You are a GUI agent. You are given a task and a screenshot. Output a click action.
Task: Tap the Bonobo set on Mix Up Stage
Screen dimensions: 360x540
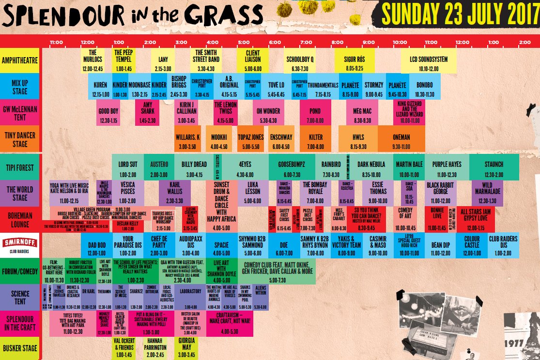pyautogui.click(x=424, y=86)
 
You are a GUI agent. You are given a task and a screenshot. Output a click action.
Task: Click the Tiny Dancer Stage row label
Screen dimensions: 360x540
pyautogui.click(x=19, y=139)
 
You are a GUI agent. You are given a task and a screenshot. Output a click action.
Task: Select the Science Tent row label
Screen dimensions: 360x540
pyautogui.click(x=19, y=297)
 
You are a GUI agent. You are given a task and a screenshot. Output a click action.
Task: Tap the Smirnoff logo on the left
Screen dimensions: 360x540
pyautogui.click(x=19, y=245)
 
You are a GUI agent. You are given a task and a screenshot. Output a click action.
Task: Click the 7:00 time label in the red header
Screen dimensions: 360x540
pyautogui.click(x=306, y=42)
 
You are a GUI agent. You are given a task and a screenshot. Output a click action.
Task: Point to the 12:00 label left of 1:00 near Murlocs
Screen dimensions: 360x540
pyautogui.click(x=88, y=42)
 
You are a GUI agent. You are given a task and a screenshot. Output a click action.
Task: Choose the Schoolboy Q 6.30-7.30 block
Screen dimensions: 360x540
pyautogui.click(x=299, y=60)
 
